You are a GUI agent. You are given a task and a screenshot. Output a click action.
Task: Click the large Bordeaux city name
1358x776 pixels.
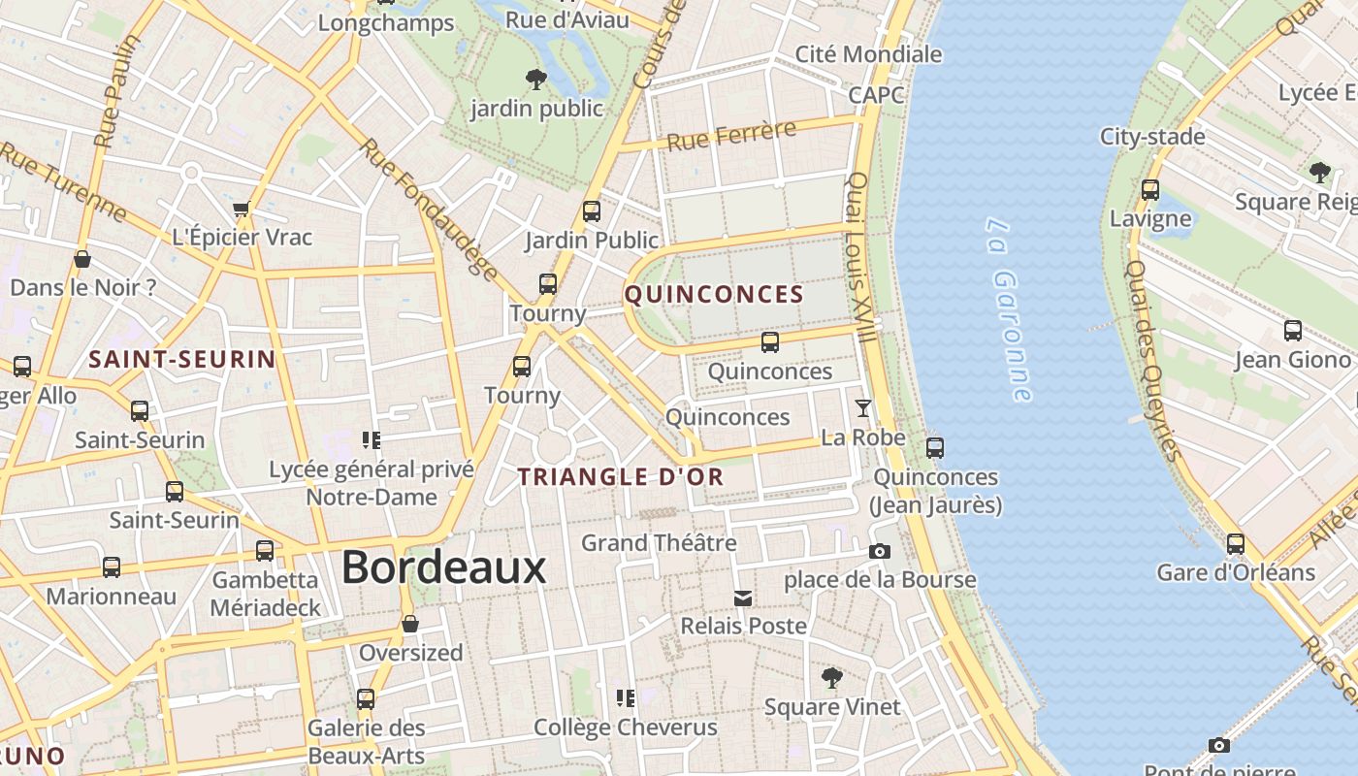coord(443,567)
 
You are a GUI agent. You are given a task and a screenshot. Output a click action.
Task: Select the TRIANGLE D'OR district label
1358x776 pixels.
coord(621,476)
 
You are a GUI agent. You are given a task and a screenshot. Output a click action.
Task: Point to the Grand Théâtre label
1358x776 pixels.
coord(659,542)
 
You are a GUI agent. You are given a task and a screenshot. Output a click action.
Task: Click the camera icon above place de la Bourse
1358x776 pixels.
coord(880,551)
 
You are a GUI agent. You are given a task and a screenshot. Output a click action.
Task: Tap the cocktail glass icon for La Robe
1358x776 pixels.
coord(862,408)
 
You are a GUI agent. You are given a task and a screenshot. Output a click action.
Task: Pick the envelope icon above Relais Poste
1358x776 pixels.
coord(743,598)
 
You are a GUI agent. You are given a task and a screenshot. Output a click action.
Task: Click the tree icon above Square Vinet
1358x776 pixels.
coord(831,677)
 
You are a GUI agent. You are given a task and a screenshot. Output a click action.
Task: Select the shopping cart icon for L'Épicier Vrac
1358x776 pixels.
coord(242,209)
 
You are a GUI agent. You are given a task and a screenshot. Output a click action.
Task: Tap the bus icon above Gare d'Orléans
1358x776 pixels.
coord(1235,543)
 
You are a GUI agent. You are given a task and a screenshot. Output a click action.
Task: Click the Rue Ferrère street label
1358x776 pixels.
coord(731,135)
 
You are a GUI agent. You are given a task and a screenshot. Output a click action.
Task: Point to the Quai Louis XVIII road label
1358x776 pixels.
coord(861,257)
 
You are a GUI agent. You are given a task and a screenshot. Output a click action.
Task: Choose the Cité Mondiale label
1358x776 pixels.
coord(868,54)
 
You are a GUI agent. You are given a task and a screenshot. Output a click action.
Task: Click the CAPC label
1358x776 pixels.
coord(876,95)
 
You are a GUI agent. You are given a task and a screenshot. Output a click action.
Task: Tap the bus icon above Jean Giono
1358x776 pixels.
coord(1292,331)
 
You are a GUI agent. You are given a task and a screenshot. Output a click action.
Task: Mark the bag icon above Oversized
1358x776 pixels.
coord(410,624)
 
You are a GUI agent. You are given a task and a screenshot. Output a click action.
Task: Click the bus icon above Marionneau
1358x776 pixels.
coord(112,566)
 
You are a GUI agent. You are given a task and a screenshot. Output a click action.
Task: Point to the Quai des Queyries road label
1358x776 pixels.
coord(1152,359)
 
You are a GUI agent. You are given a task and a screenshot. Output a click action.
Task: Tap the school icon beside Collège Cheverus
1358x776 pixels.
coord(626,697)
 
